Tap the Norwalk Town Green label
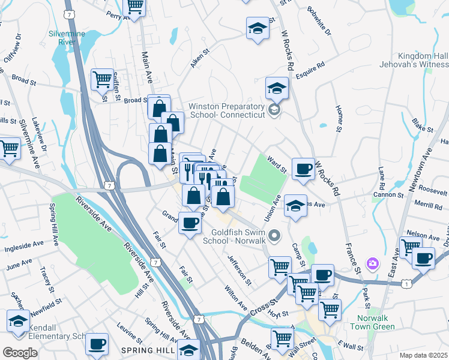tap(375, 322)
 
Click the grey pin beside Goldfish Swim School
tap(275, 236)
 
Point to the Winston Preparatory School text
tap(226, 110)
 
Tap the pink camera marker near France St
tap(373, 263)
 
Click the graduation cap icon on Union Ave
tap(295, 206)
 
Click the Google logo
tap(19, 352)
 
